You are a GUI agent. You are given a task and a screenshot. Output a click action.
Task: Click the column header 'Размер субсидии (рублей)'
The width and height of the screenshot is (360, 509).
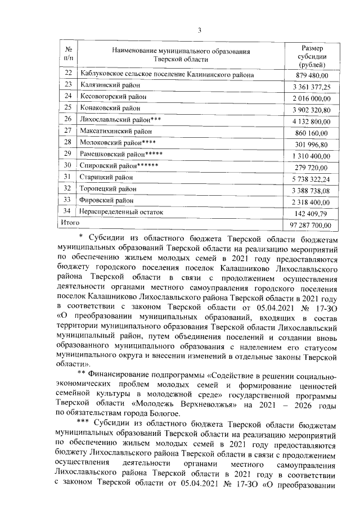pos(312,56)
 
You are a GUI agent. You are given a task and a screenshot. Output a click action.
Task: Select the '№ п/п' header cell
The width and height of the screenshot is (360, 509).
pos(69,56)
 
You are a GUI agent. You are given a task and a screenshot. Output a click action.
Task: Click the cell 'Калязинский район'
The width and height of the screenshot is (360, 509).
pos(109,85)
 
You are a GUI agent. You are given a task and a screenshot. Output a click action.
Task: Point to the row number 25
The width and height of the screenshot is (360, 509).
pos(69,107)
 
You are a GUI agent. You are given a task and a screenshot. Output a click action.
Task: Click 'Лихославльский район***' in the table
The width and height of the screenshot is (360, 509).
pos(121,119)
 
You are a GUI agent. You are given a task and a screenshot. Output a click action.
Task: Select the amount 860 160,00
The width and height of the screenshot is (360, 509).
pos(313,132)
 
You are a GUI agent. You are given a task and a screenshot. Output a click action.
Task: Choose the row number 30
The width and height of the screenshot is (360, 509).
pos(69,166)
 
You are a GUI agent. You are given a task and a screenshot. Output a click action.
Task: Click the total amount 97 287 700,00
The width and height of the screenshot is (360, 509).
pos(310,225)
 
